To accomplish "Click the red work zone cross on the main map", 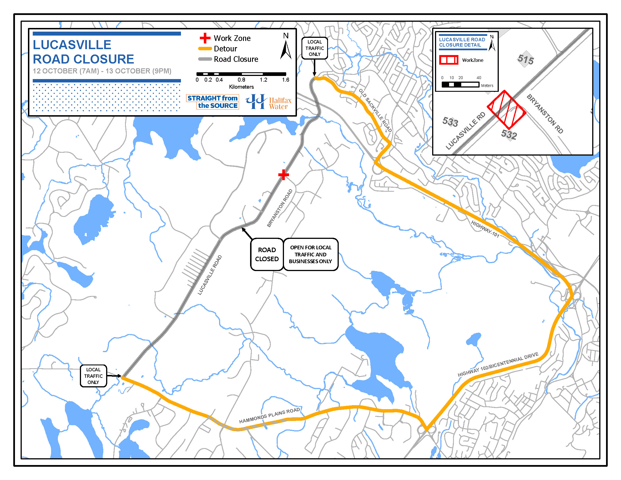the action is coord(283,174).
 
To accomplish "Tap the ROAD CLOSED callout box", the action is coord(267,254).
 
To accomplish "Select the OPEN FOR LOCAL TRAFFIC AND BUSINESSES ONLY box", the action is coord(310,254).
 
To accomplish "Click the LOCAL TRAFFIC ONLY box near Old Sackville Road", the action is coord(314,48).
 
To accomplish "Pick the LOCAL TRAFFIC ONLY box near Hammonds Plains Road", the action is coord(93,376).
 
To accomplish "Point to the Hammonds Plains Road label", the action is coord(269,415).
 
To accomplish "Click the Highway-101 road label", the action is coord(485,229).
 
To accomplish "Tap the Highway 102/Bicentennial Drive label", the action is coord(498,364).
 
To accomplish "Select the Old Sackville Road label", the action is coord(375,110).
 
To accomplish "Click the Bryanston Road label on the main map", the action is coord(280,208).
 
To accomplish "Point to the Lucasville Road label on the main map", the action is coord(209,275).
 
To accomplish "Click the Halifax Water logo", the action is coord(269,102).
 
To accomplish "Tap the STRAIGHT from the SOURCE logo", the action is coord(213,102).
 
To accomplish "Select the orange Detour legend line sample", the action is coord(205,49).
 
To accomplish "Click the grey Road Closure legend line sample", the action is coord(205,59).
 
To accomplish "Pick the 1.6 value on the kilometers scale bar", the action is coord(285,80).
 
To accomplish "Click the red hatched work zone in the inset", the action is coord(506,110).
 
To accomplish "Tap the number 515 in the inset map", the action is coord(526,59).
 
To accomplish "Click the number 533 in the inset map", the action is coord(450,122).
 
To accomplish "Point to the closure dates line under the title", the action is coord(102,71).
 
